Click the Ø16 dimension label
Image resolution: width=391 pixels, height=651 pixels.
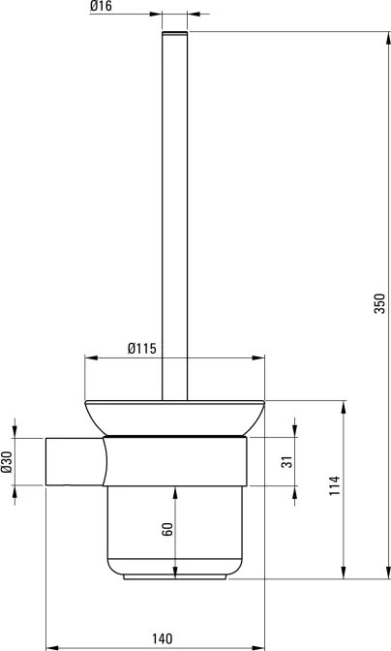101,6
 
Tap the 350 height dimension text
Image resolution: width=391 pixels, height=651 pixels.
379,303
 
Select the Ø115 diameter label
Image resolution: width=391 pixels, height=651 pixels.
142,349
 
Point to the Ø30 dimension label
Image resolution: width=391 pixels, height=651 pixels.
7,461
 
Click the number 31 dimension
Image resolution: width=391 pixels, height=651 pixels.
286,462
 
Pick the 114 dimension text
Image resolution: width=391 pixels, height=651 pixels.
335,485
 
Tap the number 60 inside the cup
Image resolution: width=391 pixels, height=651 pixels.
167,529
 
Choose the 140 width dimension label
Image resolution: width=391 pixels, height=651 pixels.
162,638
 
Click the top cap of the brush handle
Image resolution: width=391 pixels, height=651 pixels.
174,33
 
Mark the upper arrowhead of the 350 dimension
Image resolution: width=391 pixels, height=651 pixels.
388,38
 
